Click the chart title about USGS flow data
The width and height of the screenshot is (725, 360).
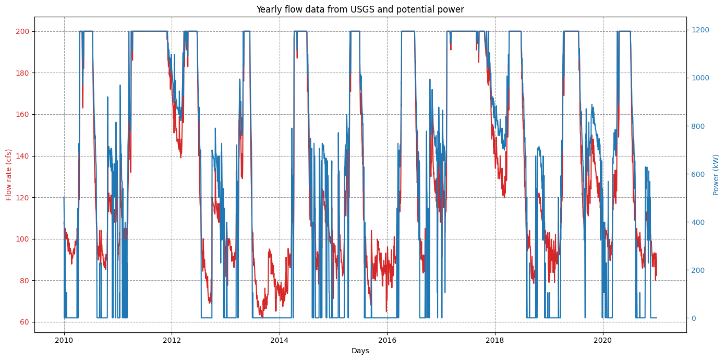point(360,9)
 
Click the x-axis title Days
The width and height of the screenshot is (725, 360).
point(360,351)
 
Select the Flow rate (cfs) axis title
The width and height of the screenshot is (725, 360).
point(9,174)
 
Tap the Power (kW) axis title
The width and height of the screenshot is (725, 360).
point(716,174)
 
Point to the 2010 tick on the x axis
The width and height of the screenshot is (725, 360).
point(64,340)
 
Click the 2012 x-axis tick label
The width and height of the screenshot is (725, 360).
point(172,340)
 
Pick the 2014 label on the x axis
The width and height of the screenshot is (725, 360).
point(280,340)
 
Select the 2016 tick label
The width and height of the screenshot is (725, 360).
point(387,340)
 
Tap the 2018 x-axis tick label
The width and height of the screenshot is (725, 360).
point(495,340)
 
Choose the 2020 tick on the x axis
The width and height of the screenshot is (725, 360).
point(603,340)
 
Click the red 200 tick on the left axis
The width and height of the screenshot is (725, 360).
point(24,31)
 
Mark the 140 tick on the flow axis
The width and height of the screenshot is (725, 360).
point(24,156)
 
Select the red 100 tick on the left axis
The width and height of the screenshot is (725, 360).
point(24,239)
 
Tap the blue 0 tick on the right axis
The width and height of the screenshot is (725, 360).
point(693,318)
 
